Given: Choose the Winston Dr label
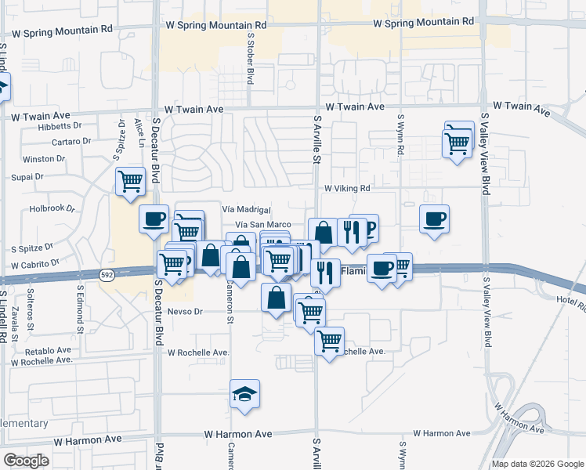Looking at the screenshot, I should [49, 158].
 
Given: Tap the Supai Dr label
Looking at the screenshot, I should [29, 176].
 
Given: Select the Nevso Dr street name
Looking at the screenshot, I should [185, 311].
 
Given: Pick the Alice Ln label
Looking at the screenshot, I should [139, 126].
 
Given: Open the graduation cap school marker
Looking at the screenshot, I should [245, 395].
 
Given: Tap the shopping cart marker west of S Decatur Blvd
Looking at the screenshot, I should [130, 182].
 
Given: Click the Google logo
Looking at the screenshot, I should [26, 461].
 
